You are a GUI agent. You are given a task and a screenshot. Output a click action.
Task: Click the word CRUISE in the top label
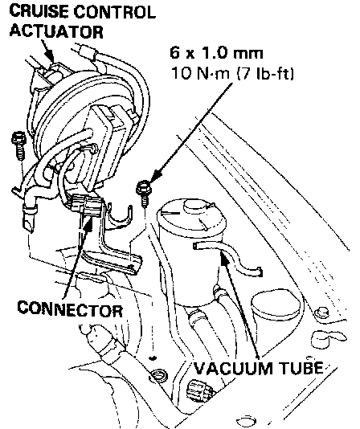(x=39, y=12)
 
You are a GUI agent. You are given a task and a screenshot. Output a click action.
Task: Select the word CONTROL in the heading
(x=115, y=12)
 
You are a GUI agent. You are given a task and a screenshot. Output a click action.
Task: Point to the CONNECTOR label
(x=70, y=308)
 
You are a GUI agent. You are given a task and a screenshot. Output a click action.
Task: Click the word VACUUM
(x=234, y=367)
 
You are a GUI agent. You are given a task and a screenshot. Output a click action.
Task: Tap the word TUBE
(x=301, y=367)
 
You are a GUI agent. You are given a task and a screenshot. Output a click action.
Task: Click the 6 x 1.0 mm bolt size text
(x=216, y=52)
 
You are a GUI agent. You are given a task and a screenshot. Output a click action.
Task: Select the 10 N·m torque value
(x=201, y=73)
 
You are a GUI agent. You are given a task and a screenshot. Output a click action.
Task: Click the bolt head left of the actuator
(x=18, y=138)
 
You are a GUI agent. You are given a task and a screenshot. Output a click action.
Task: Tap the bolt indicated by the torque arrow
(x=143, y=192)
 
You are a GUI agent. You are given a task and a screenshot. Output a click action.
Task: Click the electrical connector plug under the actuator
(x=85, y=204)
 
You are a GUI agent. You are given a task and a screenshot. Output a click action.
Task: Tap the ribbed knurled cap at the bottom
(x=198, y=390)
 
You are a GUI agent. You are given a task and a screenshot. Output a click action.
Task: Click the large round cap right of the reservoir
(x=276, y=306)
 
